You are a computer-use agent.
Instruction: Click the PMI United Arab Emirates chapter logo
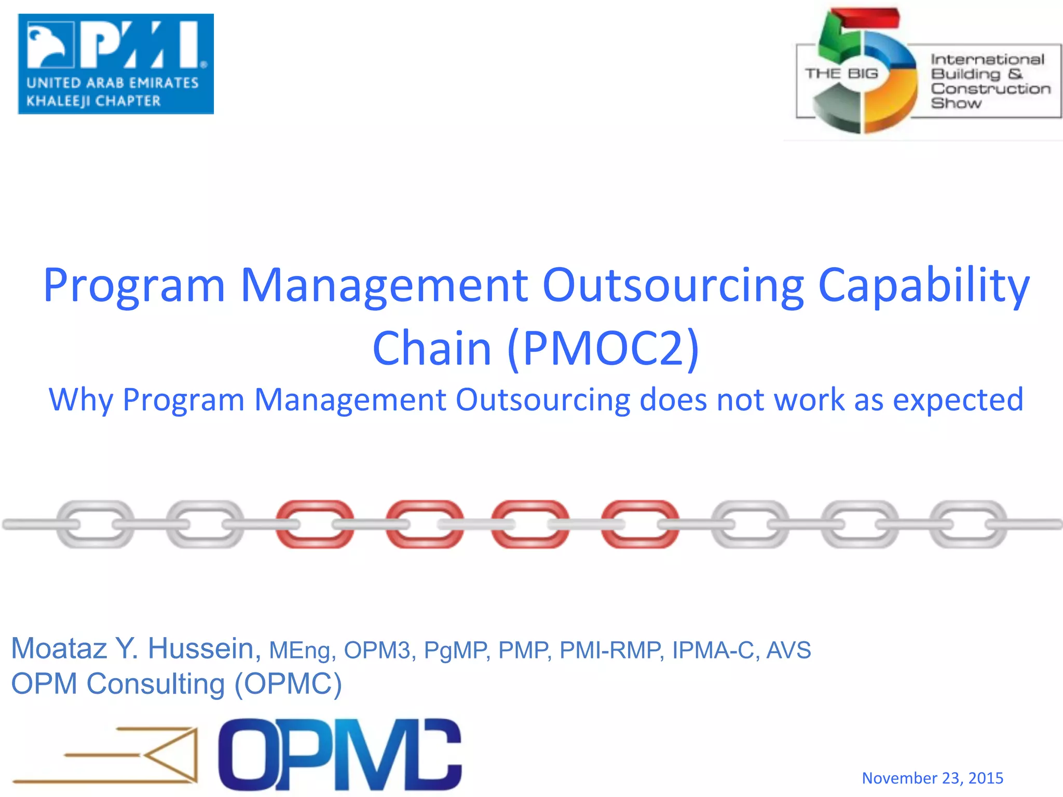coord(115,63)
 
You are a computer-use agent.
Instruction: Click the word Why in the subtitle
coord(80,400)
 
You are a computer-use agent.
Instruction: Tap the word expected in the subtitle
coord(958,400)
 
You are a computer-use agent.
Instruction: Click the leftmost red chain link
coord(315,524)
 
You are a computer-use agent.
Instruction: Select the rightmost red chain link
coord(640,524)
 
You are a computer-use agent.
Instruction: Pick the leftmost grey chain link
coord(95,524)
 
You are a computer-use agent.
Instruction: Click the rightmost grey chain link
coord(968,524)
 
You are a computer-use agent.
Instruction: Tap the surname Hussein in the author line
coord(204,649)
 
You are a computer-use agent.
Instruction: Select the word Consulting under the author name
coord(156,684)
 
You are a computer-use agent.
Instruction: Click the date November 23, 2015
coord(932,778)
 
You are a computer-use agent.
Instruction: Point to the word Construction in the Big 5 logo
coord(990,89)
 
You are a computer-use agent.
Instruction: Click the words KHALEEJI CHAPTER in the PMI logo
coord(93,101)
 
